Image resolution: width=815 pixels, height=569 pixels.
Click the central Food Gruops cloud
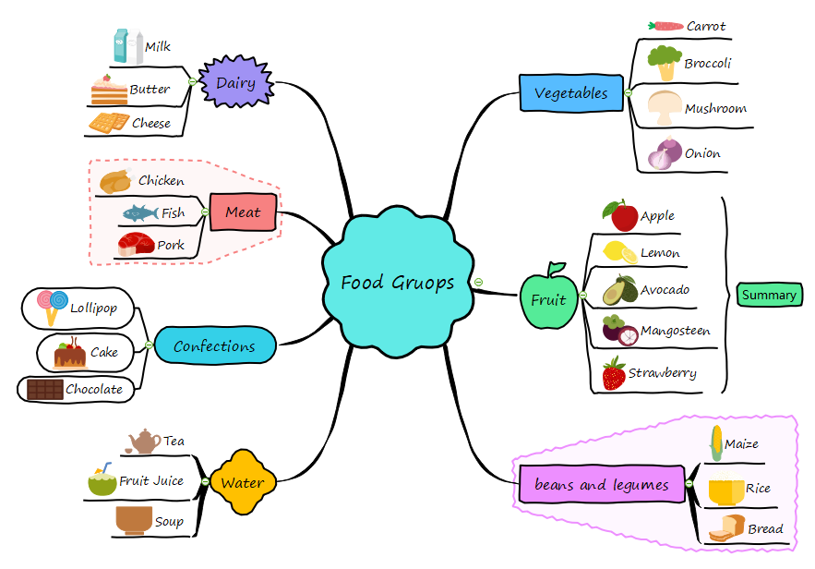pos(397,282)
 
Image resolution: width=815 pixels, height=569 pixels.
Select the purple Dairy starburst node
pos(236,83)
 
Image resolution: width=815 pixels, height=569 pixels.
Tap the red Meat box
pos(243,212)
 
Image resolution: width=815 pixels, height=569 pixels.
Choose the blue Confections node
pos(214,346)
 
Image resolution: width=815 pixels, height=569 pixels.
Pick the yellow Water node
pos(243,482)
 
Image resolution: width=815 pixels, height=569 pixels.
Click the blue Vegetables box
pos(571,93)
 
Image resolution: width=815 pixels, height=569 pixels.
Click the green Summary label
pos(769,295)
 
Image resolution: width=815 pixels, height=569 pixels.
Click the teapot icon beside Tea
pos(145,442)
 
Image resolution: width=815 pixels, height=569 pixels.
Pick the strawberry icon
pos(614,374)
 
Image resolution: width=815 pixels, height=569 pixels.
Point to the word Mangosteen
pos(676,331)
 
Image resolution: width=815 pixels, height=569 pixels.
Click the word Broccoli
pos(708,64)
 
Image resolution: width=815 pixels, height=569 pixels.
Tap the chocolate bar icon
pos(44,390)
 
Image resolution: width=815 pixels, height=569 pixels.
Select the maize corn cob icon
pos(714,443)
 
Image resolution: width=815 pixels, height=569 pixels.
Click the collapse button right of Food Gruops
pos(478,282)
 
